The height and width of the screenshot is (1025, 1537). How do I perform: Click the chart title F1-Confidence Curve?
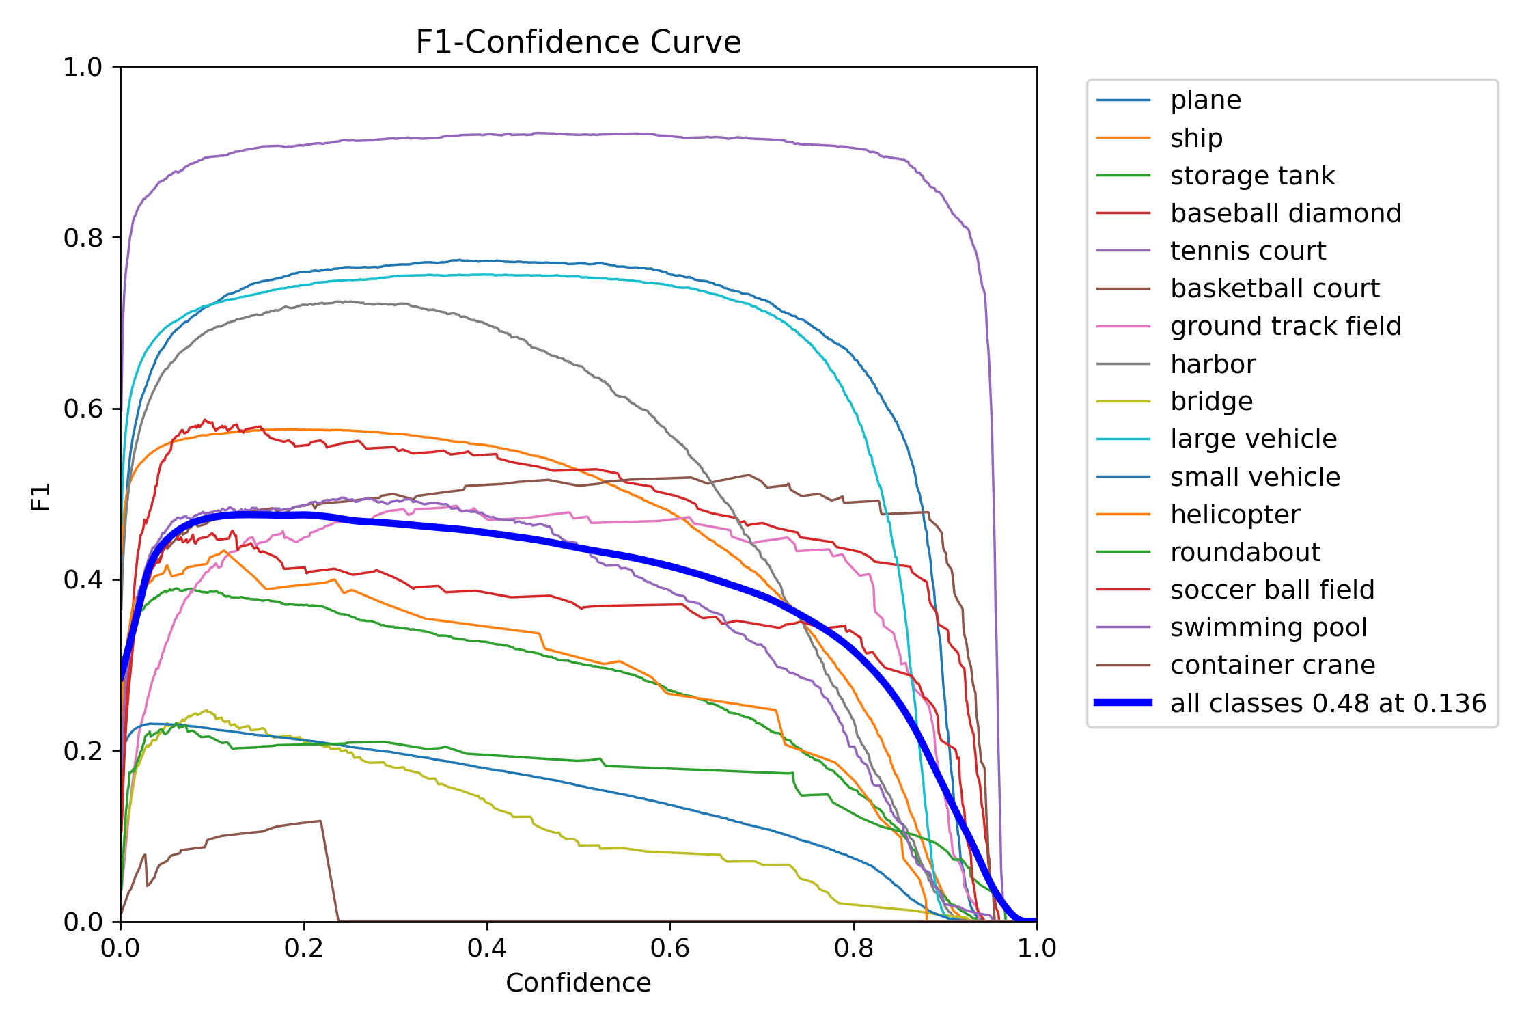[578, 42]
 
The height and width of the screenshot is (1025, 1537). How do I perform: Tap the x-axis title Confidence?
[578, 983]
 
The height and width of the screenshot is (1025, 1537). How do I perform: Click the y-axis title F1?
[41, 497]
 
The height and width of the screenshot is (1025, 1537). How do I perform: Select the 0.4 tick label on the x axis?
[486, 948]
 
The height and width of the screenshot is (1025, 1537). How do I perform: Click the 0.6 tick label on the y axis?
[83, 409]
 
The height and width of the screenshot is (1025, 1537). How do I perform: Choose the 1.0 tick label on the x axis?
[1036, 948]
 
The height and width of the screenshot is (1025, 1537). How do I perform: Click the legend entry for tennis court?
[1247, 251]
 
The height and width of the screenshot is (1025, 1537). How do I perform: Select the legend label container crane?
[1272, 665]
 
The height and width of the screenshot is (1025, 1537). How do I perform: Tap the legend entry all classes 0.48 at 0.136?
[1327, 703]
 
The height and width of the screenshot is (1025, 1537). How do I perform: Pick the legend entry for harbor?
[1213, 364]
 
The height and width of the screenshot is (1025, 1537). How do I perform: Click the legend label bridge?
[1211, 401]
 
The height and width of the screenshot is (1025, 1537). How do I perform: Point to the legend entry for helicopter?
[1235, 515]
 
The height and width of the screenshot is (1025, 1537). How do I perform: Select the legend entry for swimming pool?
[1268, 627]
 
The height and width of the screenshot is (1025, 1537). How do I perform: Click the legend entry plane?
[1205, 100]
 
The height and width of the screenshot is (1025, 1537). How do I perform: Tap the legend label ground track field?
[1285, 326]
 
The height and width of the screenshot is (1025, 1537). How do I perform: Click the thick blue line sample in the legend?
[1123, 702]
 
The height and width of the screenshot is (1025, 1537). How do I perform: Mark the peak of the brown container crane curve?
[320, 821]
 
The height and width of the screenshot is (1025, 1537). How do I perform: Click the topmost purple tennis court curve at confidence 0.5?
[579, 135]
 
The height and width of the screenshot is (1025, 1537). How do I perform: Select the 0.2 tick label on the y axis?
[83, 751]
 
